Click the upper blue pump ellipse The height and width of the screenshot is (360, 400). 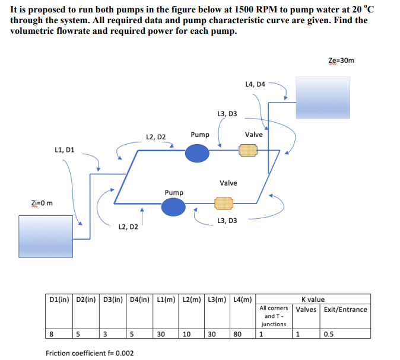(198, 153)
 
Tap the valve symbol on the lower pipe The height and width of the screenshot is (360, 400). (224, 205)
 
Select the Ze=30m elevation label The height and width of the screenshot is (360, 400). (341, 60)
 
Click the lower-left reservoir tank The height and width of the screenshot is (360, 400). (45, 236)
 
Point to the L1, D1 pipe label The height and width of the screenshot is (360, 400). (64, 150)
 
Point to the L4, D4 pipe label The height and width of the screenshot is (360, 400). (255, 84)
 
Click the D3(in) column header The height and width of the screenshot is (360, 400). (113, 299)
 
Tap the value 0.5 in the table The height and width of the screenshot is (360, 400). (329, 334)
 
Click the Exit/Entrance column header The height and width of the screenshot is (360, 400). (345, 309)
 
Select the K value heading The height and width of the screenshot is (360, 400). (313, 300)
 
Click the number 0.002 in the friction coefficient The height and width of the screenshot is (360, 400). (123, 353)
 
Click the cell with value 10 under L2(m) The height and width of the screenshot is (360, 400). (185, 334)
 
